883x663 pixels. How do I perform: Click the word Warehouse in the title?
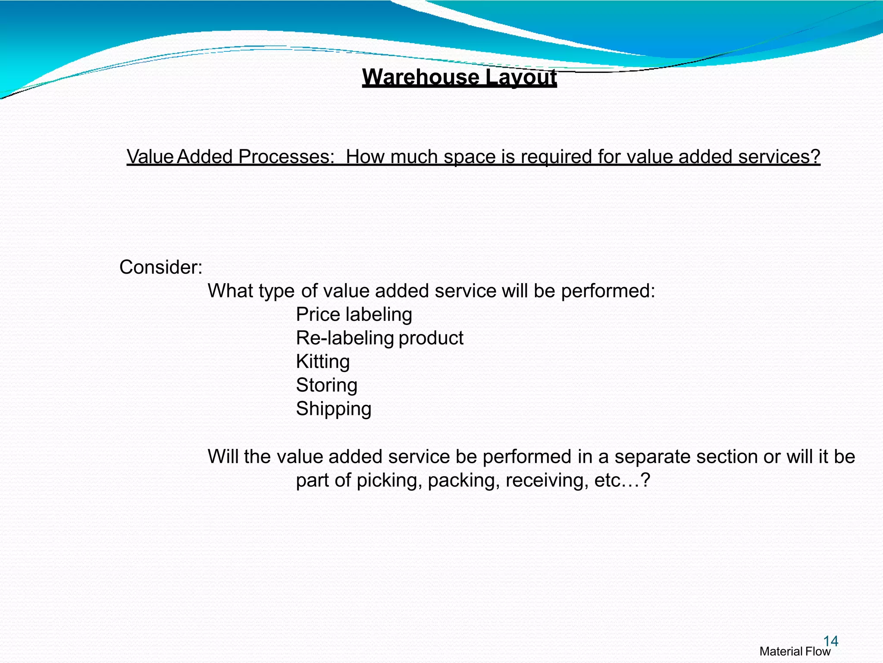click(420, 78)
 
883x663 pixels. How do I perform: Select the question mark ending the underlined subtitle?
click(814, 157)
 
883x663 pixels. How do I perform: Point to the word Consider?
click(160, 267)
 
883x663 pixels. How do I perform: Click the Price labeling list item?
click(354, 314)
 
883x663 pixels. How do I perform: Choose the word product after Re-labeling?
click(431, 338)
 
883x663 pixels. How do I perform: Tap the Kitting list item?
click(323, 362)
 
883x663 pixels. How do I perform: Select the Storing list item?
click(326, 385)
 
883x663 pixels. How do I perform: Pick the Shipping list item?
click(333, 409)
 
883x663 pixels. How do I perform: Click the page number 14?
click(830, 641)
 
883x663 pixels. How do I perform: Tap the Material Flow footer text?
click(795, 652)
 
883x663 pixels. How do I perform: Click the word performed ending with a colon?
click(607, 291)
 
